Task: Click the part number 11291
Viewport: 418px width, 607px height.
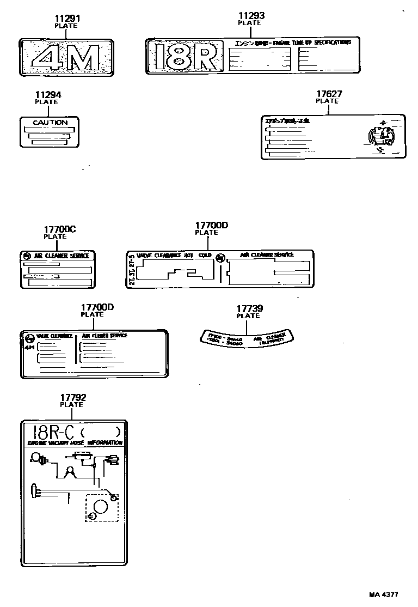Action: point(66,18)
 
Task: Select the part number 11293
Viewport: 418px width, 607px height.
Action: point(251,16)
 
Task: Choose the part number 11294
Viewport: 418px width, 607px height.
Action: point(47,94)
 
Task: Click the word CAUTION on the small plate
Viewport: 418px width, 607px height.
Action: point(50,123)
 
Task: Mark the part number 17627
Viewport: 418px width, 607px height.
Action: point(329,94)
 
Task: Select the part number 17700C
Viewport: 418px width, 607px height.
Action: point(59,229)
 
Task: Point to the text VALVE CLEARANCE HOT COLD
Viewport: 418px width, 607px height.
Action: point(174,255)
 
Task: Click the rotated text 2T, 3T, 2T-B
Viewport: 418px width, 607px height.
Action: point(131,270)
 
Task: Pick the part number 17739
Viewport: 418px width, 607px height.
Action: point(248,308)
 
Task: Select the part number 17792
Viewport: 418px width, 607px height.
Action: point(73,398)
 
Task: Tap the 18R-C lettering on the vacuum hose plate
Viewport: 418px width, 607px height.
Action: point(52,432)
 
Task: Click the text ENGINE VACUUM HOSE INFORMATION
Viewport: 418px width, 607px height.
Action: point(75,444)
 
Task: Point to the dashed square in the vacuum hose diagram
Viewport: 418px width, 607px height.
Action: point(101,508)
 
